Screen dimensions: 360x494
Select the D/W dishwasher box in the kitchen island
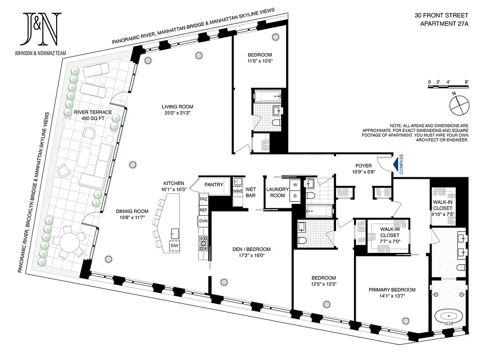coord(174,246)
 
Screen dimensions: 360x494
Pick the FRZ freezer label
coord(203,198)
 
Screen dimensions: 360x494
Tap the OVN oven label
coord(203,221)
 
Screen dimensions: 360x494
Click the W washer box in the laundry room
coord(296,184)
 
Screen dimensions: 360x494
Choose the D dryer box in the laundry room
coord(296,196)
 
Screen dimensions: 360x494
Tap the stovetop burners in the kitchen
coord(203,242)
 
